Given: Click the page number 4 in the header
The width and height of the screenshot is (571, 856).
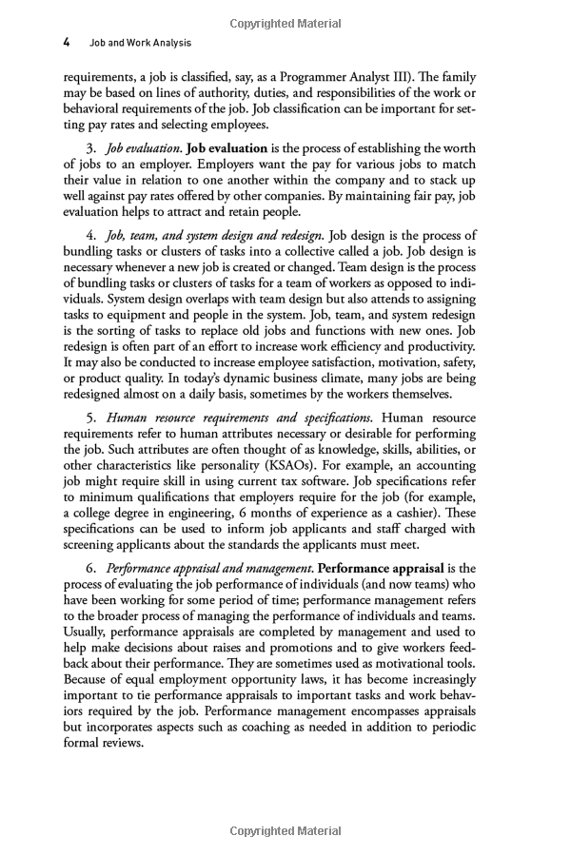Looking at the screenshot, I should click(67, 43).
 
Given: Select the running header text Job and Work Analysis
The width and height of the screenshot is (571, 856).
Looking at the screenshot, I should click(140, 43).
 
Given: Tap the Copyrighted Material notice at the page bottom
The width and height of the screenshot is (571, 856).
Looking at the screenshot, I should click(285, 830).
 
